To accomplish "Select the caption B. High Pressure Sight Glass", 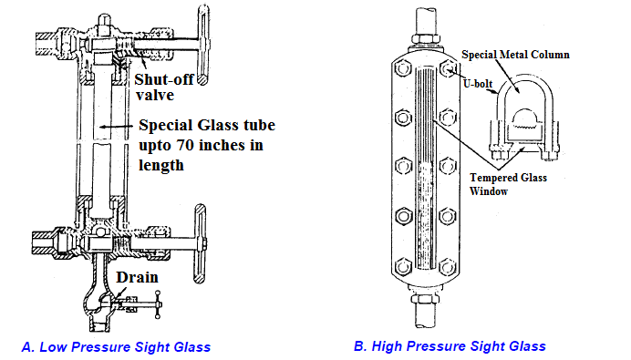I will [450, 345].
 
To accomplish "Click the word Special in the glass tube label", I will [164, 127].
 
